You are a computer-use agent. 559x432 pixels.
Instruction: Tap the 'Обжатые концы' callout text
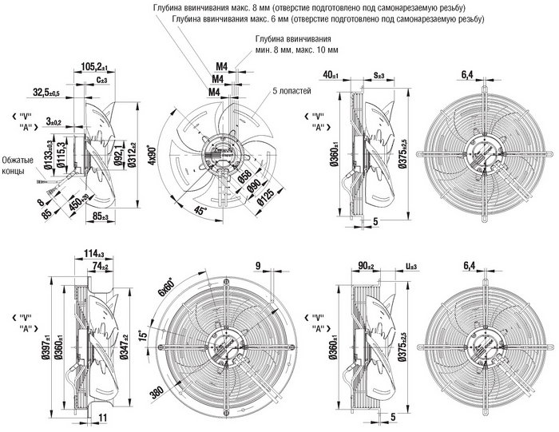point(18,165)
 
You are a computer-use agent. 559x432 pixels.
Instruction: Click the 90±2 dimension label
point(368,267)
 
